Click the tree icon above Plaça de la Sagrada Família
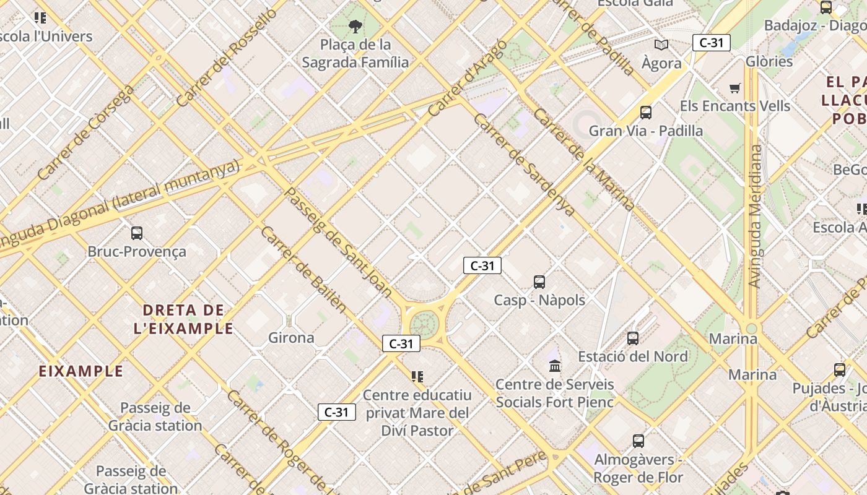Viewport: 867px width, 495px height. coord(355,26)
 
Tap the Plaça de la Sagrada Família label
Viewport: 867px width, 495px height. coord(355,53)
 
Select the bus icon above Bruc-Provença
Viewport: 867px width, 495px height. coord(137,233)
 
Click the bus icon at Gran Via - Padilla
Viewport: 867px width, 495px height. coord(646,112)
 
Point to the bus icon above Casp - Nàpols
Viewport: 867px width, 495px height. coord(539,282)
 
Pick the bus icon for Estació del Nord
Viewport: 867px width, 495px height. coord(633,338)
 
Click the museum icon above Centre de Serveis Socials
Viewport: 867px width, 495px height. coord(555,366)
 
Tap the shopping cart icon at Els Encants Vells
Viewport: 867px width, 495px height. coord(735,88)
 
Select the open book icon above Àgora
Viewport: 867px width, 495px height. coord(661,45)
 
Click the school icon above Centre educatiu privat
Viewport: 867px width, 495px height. coord(417,376)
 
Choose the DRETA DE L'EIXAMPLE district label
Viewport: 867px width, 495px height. coord(183,319)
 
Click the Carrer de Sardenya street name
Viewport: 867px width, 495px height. coord(524,165)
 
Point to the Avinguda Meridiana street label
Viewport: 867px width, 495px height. coord(755,217)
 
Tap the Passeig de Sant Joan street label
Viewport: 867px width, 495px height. coord(338,242)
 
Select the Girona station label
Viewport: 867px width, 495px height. coord(291,338)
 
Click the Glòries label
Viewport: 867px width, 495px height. coord(769,61)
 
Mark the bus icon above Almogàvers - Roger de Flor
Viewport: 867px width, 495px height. coord(638,441)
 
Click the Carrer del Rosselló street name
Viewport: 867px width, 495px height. coord(227,57)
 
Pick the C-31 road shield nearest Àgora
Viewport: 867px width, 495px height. coord(711,43)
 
